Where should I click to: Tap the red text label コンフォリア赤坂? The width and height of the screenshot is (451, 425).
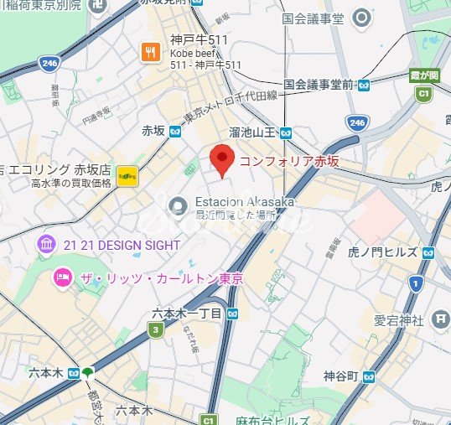(289, 161)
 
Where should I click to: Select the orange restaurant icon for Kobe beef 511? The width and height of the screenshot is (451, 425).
(152, 52)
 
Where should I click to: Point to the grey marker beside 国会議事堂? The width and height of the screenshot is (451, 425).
(361, 17)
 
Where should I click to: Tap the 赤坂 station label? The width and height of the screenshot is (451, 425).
(153, 131)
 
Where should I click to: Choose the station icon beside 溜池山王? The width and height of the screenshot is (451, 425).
(286, 132)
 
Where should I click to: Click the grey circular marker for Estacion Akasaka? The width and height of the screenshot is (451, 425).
(177, 205)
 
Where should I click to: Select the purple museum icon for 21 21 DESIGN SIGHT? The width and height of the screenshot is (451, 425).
(48, 244)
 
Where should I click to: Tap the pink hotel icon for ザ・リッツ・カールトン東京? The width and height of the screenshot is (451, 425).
(60, 277)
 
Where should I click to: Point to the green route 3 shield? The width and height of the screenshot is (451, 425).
(155, 331)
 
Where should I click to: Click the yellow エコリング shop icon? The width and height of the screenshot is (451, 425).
(127, 176)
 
